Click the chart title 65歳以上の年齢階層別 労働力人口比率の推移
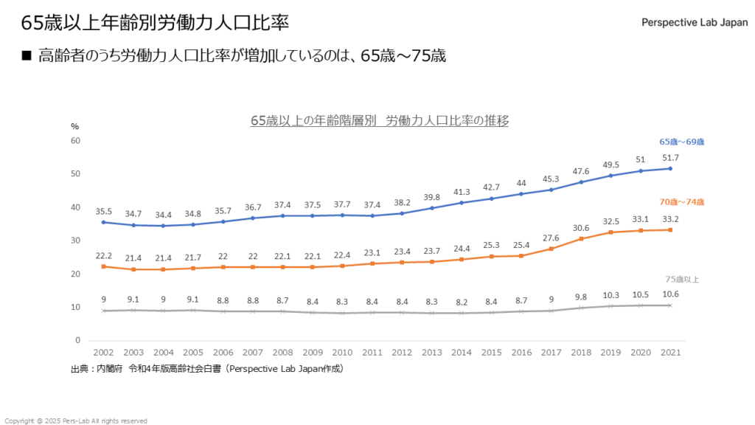[380, 120]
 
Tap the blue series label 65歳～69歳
[682, 142]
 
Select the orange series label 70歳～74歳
[682, 201]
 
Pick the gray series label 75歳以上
[682, 279]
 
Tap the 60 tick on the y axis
[75, 140]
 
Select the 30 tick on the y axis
[75, 241]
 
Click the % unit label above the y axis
[74, 126]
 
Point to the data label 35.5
[102, 211]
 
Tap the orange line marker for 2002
[102, 266]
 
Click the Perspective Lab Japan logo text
[694, 22]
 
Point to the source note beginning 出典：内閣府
[207, 368]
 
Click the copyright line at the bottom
[76, 421]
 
